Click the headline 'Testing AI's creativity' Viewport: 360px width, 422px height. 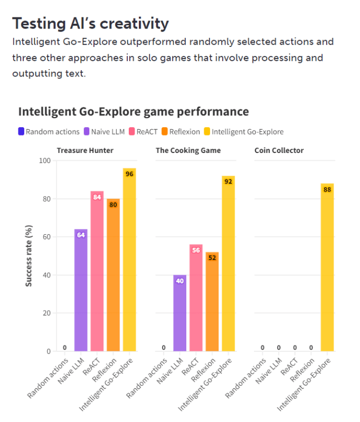[90, 23]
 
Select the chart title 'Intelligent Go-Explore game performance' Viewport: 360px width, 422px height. [134, 112]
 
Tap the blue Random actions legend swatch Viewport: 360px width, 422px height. [21, 132]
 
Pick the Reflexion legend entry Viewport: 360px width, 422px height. [181, 132]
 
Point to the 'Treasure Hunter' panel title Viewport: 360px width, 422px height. [85, 150]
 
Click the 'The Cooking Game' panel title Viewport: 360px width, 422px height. [188, 150]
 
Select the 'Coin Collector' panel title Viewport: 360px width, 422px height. [279, 150]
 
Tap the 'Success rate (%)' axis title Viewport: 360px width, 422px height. [29, 255]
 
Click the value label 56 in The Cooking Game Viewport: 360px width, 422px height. [196, 250]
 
